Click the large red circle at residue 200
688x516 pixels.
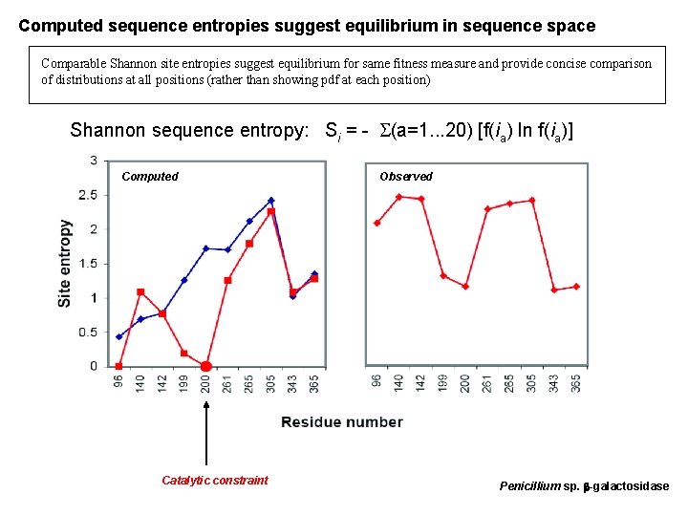[x=205, y=366]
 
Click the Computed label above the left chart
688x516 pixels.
[x=150, y=177]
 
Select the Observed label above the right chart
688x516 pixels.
[x=405, y=177]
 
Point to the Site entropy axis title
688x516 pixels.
[x=65, y=263]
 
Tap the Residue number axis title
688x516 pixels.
[x=341, y=422]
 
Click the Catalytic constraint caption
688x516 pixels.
[x=214, y=481]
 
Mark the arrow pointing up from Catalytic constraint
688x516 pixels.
[x=205, y=420]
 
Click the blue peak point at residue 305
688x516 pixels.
[x=270, y=201]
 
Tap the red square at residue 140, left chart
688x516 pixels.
[x=140, y=291]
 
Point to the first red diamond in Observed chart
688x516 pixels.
[x=377, y=223]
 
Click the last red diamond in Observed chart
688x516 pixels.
[x=576, y=287]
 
